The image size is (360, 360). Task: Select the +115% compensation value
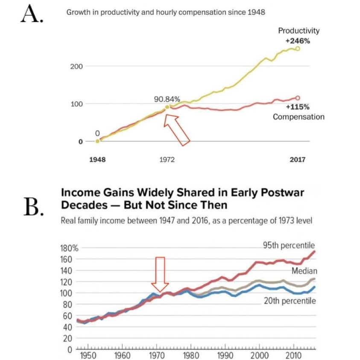pyautogui.click(x=297, y=107)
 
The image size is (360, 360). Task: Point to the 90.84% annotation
pyautogui.click(x=167, y=99)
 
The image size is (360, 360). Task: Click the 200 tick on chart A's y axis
pyautogui.click(x=76, y=66)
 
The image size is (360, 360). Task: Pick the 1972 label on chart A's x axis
pyautogui.click(x=167, y=160)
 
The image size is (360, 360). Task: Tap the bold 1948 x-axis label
pyautogui.click(x=97, y=160)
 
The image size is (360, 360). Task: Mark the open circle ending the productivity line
pyautogui.click(x=298, y=49)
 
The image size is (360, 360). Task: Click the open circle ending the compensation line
pyautogui.click(x=298, y=98)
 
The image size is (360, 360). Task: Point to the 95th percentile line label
pyautogui.click(x=289, y=245)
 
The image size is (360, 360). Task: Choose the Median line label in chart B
pyautogui.click(x=304, y=271)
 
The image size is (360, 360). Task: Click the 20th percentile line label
pyautogui.click(x=289, y=301)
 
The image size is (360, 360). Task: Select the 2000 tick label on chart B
pyautogui.click(x=258, y=355)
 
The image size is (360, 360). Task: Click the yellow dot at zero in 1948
pyautogui.click(x=97, y=141)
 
